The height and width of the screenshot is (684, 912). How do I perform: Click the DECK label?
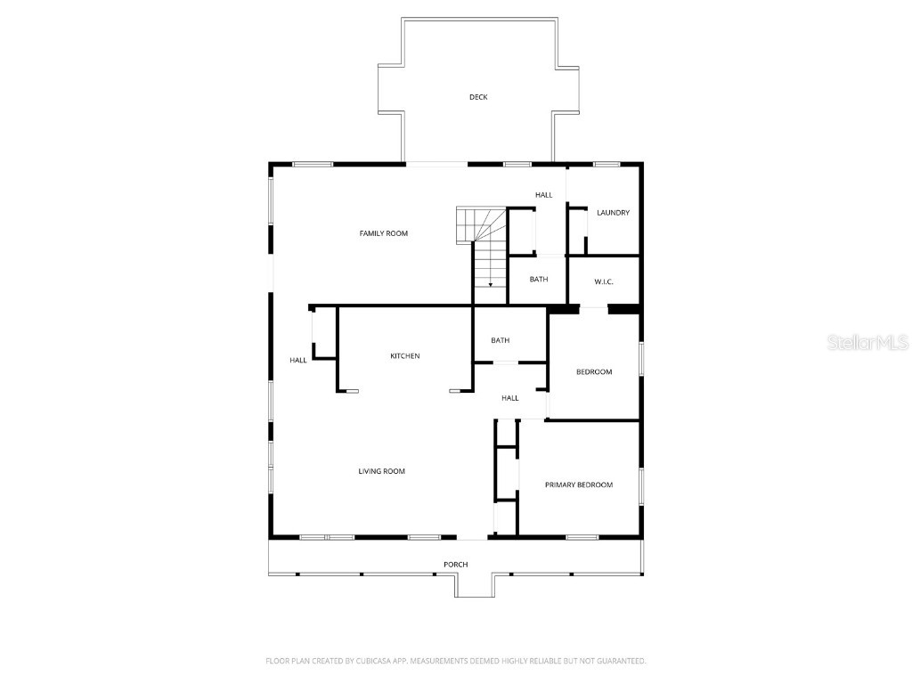[478, 97]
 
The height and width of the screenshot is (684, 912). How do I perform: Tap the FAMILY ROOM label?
[383, 233]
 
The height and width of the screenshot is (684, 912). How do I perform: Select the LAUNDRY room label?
[613, 213]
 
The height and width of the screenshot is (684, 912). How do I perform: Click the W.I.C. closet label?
[604, 282]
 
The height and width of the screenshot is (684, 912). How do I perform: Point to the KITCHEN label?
[404, 356]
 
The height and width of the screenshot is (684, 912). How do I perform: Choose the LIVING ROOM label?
[381, 471]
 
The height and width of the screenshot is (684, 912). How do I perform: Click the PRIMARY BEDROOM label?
[579, 484]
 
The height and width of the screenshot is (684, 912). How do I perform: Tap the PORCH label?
[455, 565]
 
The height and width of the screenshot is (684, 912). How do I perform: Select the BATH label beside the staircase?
[538, 280]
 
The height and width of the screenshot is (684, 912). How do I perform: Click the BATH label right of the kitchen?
[501, 340]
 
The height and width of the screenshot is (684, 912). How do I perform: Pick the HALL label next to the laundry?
[543, 195]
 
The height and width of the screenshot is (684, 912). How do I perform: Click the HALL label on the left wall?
[297, 361]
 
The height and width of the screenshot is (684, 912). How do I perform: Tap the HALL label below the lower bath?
[509, 398]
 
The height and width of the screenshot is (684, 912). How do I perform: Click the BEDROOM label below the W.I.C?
[593, 372]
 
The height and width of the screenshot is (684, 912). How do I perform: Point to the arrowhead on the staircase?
[490, 284]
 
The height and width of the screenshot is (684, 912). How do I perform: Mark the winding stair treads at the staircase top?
[473, 224]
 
